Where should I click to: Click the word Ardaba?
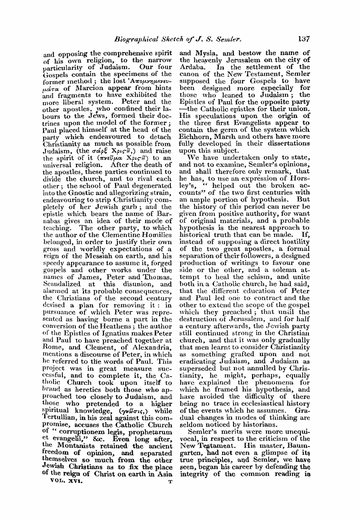click(x=191, y=67)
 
